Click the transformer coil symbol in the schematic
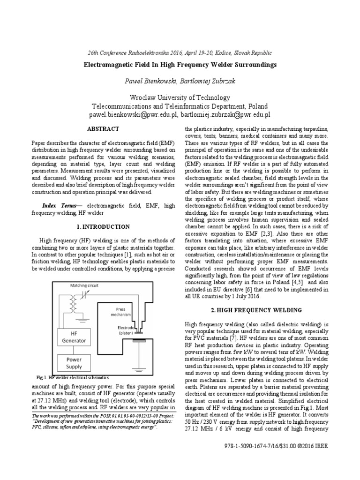coord(74,307)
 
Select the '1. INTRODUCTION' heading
coord(103,227)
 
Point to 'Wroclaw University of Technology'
coord(180,97)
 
